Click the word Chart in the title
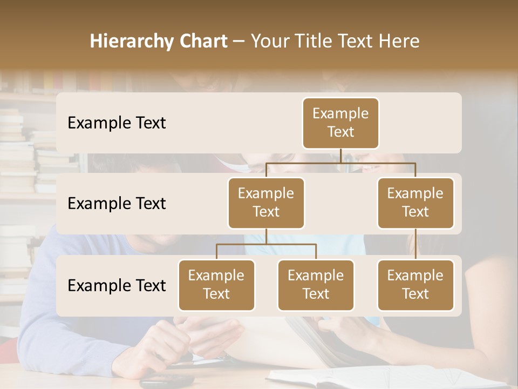click(201, 42)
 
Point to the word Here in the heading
click(398, 42)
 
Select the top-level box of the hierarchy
click(340, 123)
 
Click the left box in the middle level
click(266, 203)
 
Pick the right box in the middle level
click(415, 203)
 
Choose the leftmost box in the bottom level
click(216, 285)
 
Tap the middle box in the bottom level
click(316, 285)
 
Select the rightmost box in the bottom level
click(415, 285)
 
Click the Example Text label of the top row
click(117, 123)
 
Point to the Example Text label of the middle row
click(117, 204)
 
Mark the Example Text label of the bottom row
click(117, 286)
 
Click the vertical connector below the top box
click(340, 156)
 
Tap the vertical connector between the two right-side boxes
click(415, 244)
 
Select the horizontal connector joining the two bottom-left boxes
click(266, 244)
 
